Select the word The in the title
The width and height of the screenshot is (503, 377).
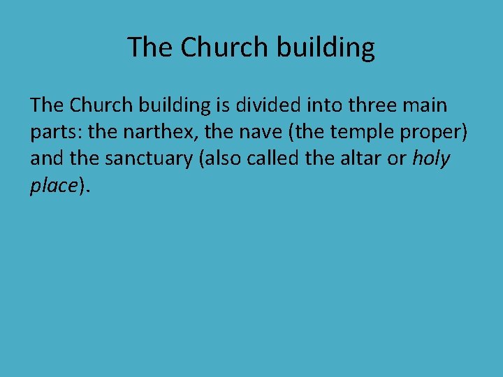tap(150, 47)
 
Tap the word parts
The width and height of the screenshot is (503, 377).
tap(53, 133)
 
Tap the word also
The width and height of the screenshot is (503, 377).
tap(224, 158)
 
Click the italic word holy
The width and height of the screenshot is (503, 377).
tap(431, 160)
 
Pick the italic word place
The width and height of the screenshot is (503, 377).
tap(54, 186)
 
